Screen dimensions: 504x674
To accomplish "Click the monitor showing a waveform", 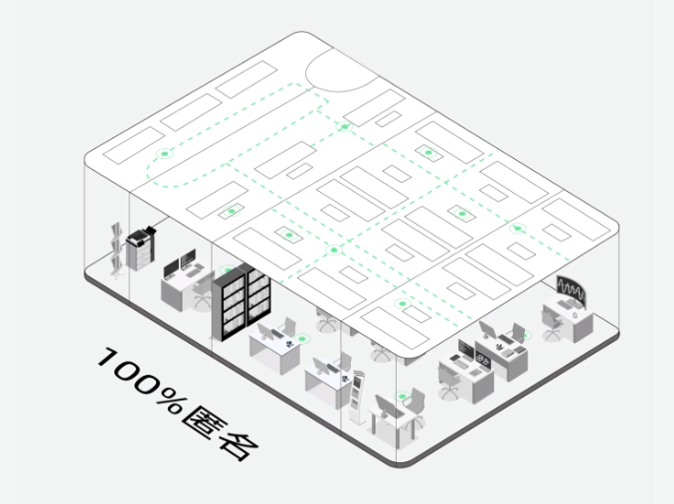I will pos(570,290).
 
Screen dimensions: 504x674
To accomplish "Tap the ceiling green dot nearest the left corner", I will pos(163,155).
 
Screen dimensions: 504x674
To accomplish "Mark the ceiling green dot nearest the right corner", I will pos(516,229).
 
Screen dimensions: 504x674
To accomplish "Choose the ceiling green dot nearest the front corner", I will pos(401,303).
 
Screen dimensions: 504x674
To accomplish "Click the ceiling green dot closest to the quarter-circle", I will pos(344,126).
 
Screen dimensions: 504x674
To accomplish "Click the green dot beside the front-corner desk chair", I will pos(402,399).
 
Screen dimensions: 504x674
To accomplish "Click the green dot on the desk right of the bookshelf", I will pos(288,339).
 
